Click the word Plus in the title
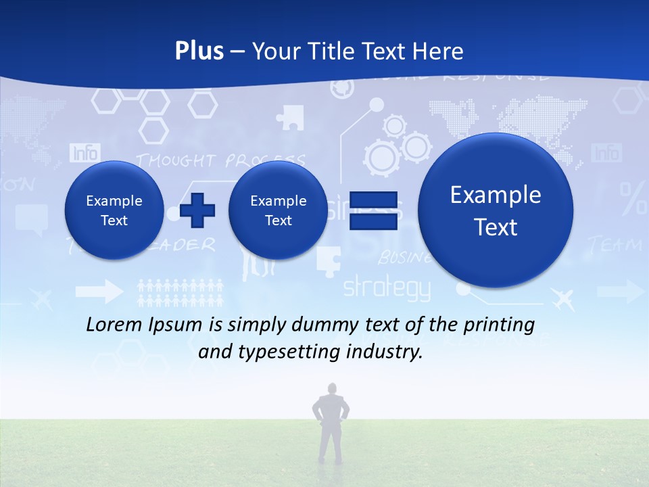pos(199,51)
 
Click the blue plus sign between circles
pos(197,210)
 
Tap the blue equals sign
pos(373,210)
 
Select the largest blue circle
pos(496,210)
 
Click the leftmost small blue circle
pos(114,210)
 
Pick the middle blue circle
pos(278,210)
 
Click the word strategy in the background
pos(386,289)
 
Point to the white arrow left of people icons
pos(99,292)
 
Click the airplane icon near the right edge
pos(562,298)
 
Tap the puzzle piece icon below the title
pos(290,117)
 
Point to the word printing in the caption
pos(501,325)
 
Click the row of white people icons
pos(180,292)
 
